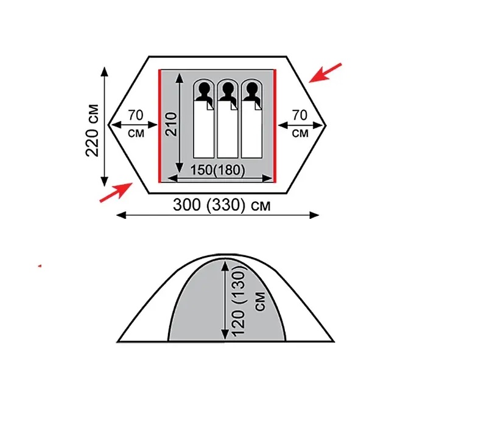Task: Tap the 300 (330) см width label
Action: [222, 205]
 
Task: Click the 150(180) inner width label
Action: [218, 171]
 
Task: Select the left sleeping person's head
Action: [203, 92]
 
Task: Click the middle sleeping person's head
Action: [227, 92]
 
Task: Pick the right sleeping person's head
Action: [250, 92]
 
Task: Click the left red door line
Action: [159, 126]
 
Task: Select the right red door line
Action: [275, 126]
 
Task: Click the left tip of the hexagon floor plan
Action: [109, 125]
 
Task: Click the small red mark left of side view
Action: [40, 266]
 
